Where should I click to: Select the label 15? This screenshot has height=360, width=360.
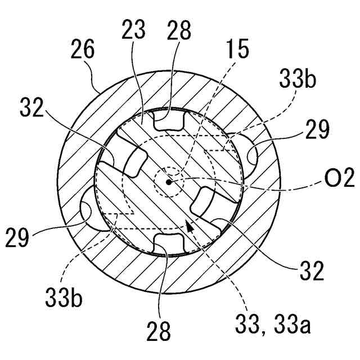[x=238, y=50]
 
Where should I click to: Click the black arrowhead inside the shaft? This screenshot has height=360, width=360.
[x=190, y=226]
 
